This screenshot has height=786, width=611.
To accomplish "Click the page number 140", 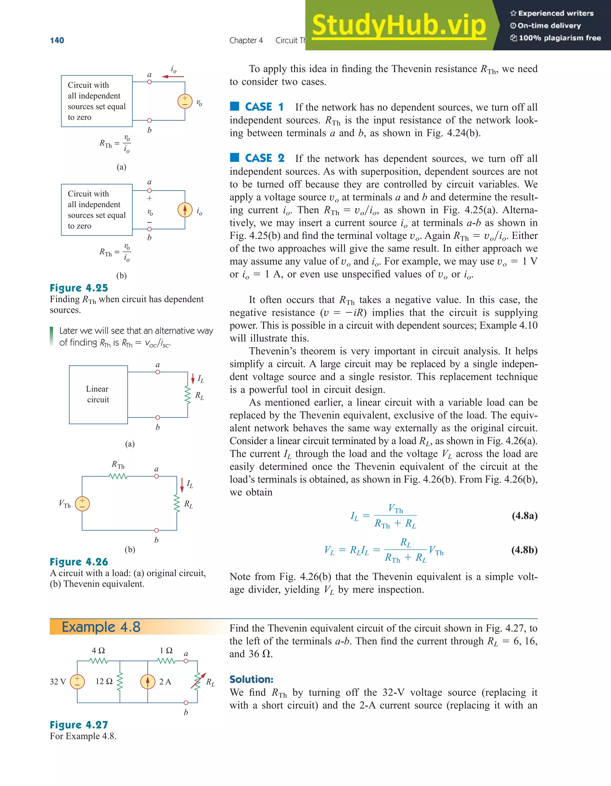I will coord(57,40).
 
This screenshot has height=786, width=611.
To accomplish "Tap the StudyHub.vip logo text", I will coord(399,25).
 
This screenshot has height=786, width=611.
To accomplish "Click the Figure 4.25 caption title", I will coord(79,288).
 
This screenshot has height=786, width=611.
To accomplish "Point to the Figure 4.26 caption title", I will coord(79,562).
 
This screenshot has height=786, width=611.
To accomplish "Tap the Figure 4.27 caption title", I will coord(79,725).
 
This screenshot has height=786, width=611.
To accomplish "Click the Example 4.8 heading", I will coord(101,627).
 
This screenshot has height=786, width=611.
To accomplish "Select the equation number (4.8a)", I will coord(524,516).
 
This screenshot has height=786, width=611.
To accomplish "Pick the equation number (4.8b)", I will coord(524,550).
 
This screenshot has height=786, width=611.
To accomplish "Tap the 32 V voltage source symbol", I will coord(77,682).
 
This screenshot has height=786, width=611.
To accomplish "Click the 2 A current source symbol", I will coord(148,682).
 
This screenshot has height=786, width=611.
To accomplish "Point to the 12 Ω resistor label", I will coord(104,682).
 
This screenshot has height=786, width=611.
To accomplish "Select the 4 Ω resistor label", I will coord(98,651).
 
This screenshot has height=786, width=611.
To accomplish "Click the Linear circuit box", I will coord(98,394).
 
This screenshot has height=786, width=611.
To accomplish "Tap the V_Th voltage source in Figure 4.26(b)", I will coord(82,503).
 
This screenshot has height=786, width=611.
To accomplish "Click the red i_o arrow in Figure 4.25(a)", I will coord(173,77).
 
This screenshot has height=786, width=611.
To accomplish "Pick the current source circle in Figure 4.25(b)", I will coord(185,210).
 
